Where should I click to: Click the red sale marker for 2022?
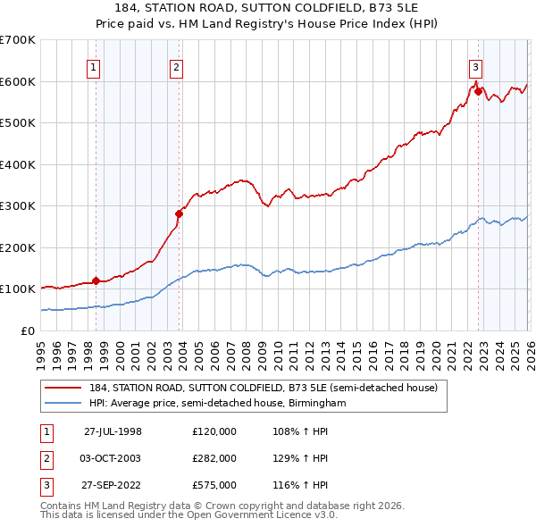pyautogui.click(x=479, y=91)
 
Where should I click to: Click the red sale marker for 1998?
pyautogui.click(x=96, y=280)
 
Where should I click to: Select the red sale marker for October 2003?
pyautogui.click(x=179, y=213)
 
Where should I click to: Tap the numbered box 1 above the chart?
pyautogui.click(x=94, y=66)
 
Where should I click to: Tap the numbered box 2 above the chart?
pyautogui.click(x=177, y=66)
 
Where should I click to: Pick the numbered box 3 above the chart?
pyautogui.click(x=476, y=66)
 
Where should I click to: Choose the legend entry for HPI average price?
pyautogui.click(x=217, y=404)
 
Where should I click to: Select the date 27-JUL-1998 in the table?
pyautogui.click(x=113, y=431)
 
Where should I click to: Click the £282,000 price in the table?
pyautogui.click(x=214, y=458)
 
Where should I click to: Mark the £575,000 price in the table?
pyautogui.click(x=214, y=485)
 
